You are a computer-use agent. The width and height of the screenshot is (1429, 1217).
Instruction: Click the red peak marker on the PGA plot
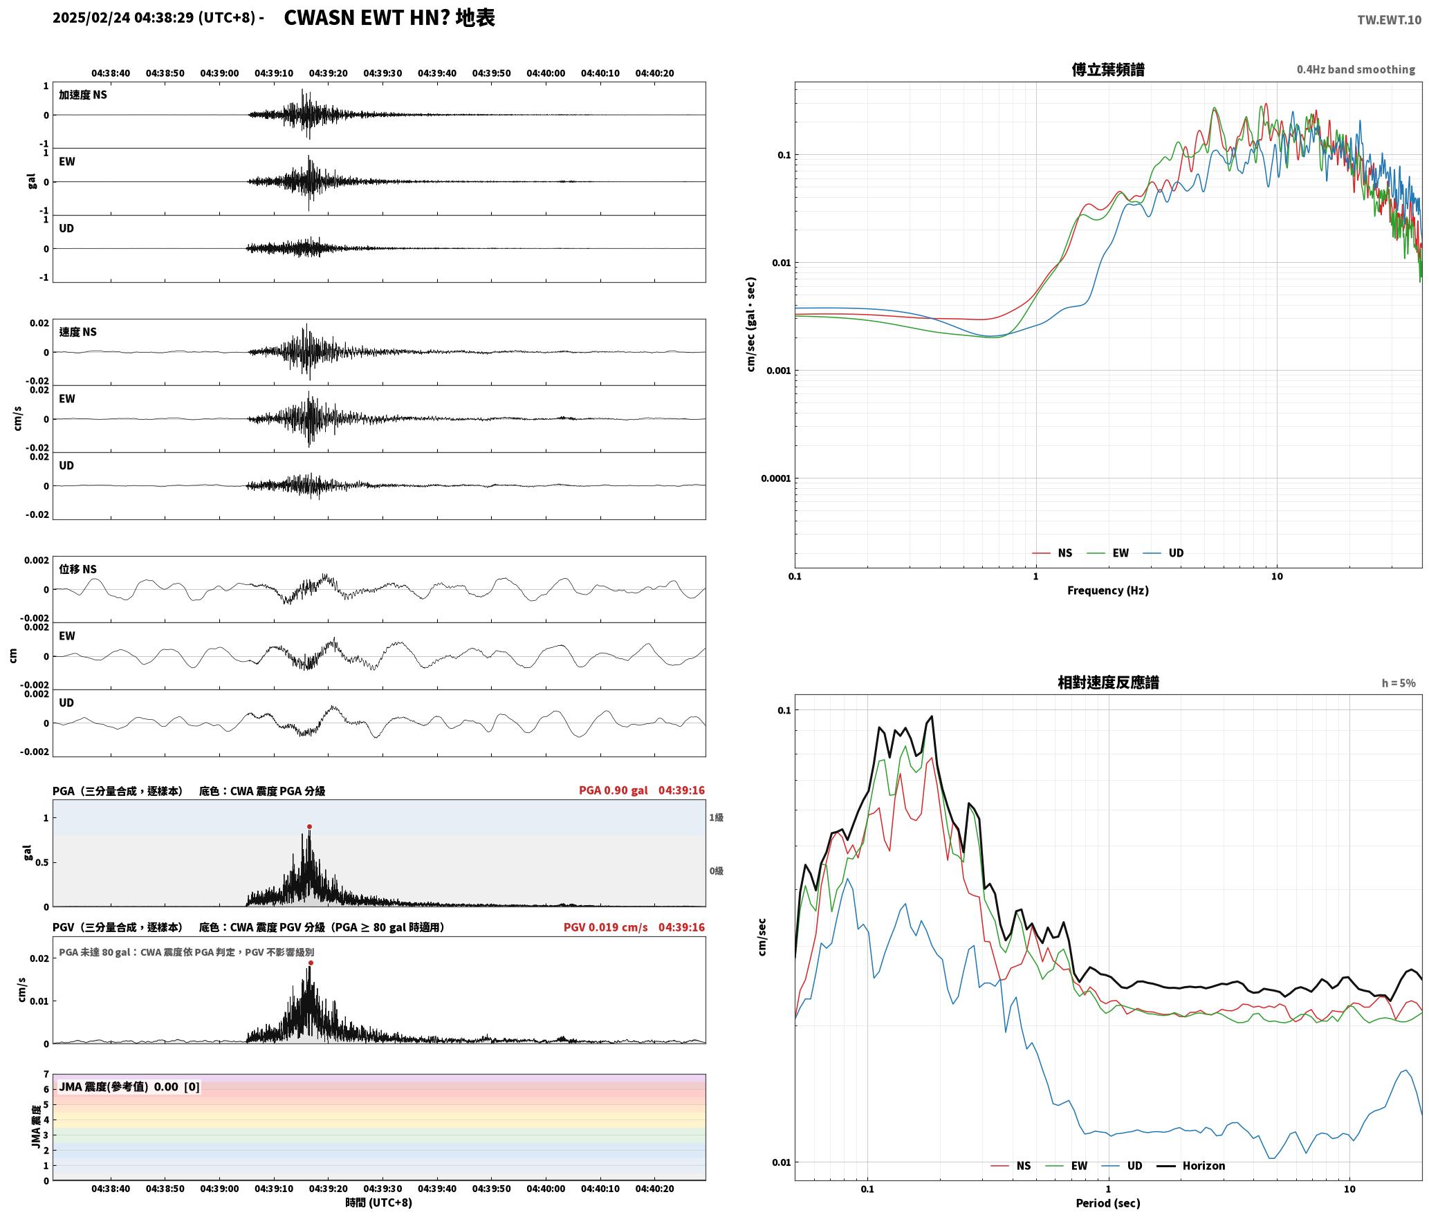tap(309, 826)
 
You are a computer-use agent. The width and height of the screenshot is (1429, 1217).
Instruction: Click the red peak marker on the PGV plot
tap(311, 963)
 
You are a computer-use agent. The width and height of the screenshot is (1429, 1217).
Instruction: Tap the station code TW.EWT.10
tap(1389, 19)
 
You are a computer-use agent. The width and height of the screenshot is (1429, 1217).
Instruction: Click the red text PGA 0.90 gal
tap(614, 790)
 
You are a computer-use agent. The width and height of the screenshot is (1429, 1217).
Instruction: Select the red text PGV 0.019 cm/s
tap(606, 927)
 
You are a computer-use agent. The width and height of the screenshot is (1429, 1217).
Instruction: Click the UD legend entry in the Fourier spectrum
tap(1163, 553)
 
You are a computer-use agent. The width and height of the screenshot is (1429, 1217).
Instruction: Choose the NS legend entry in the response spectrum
tap(1011, 1166)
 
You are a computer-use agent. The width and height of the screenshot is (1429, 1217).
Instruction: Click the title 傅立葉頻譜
tap(1108, 70)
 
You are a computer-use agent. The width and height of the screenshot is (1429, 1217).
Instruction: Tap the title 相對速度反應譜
tap(1108, 682)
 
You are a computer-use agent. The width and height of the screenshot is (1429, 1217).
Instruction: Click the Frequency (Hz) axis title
tap(1108, 591)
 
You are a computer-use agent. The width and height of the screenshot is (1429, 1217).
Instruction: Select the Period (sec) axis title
tap(1108, 1203)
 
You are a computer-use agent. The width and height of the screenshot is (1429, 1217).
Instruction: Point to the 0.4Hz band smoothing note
tap(1356, 70)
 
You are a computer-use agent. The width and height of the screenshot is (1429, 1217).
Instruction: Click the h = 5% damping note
tap(1399, 683)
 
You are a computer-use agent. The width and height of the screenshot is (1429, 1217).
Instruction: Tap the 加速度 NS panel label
tap(83, 95)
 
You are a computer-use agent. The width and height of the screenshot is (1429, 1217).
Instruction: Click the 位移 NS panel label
tap(78, 569)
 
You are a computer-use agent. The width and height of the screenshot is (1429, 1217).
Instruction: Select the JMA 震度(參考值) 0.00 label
tap(119, 1087)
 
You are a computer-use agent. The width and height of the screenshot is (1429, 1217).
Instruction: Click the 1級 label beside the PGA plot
tap(716, 818)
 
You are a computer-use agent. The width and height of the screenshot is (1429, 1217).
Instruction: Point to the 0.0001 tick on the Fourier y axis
tap(775, 479)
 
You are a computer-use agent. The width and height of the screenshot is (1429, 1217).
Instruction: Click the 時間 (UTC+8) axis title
tap(379, 1202)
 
